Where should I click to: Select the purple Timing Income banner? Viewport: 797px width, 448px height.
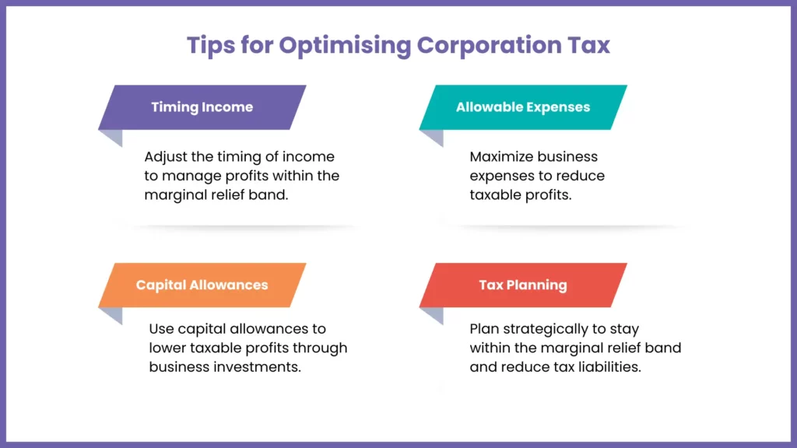click(202, 107)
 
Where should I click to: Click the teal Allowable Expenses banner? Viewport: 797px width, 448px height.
click(523, 107)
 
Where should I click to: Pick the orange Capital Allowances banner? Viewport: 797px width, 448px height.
click(202, 285)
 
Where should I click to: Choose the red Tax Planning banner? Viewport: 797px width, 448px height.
click(523, 285)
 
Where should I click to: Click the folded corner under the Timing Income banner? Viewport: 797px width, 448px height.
click(111, 138)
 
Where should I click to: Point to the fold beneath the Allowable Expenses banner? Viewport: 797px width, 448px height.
click(432, 138)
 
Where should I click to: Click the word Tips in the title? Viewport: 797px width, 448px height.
click(211, 45)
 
